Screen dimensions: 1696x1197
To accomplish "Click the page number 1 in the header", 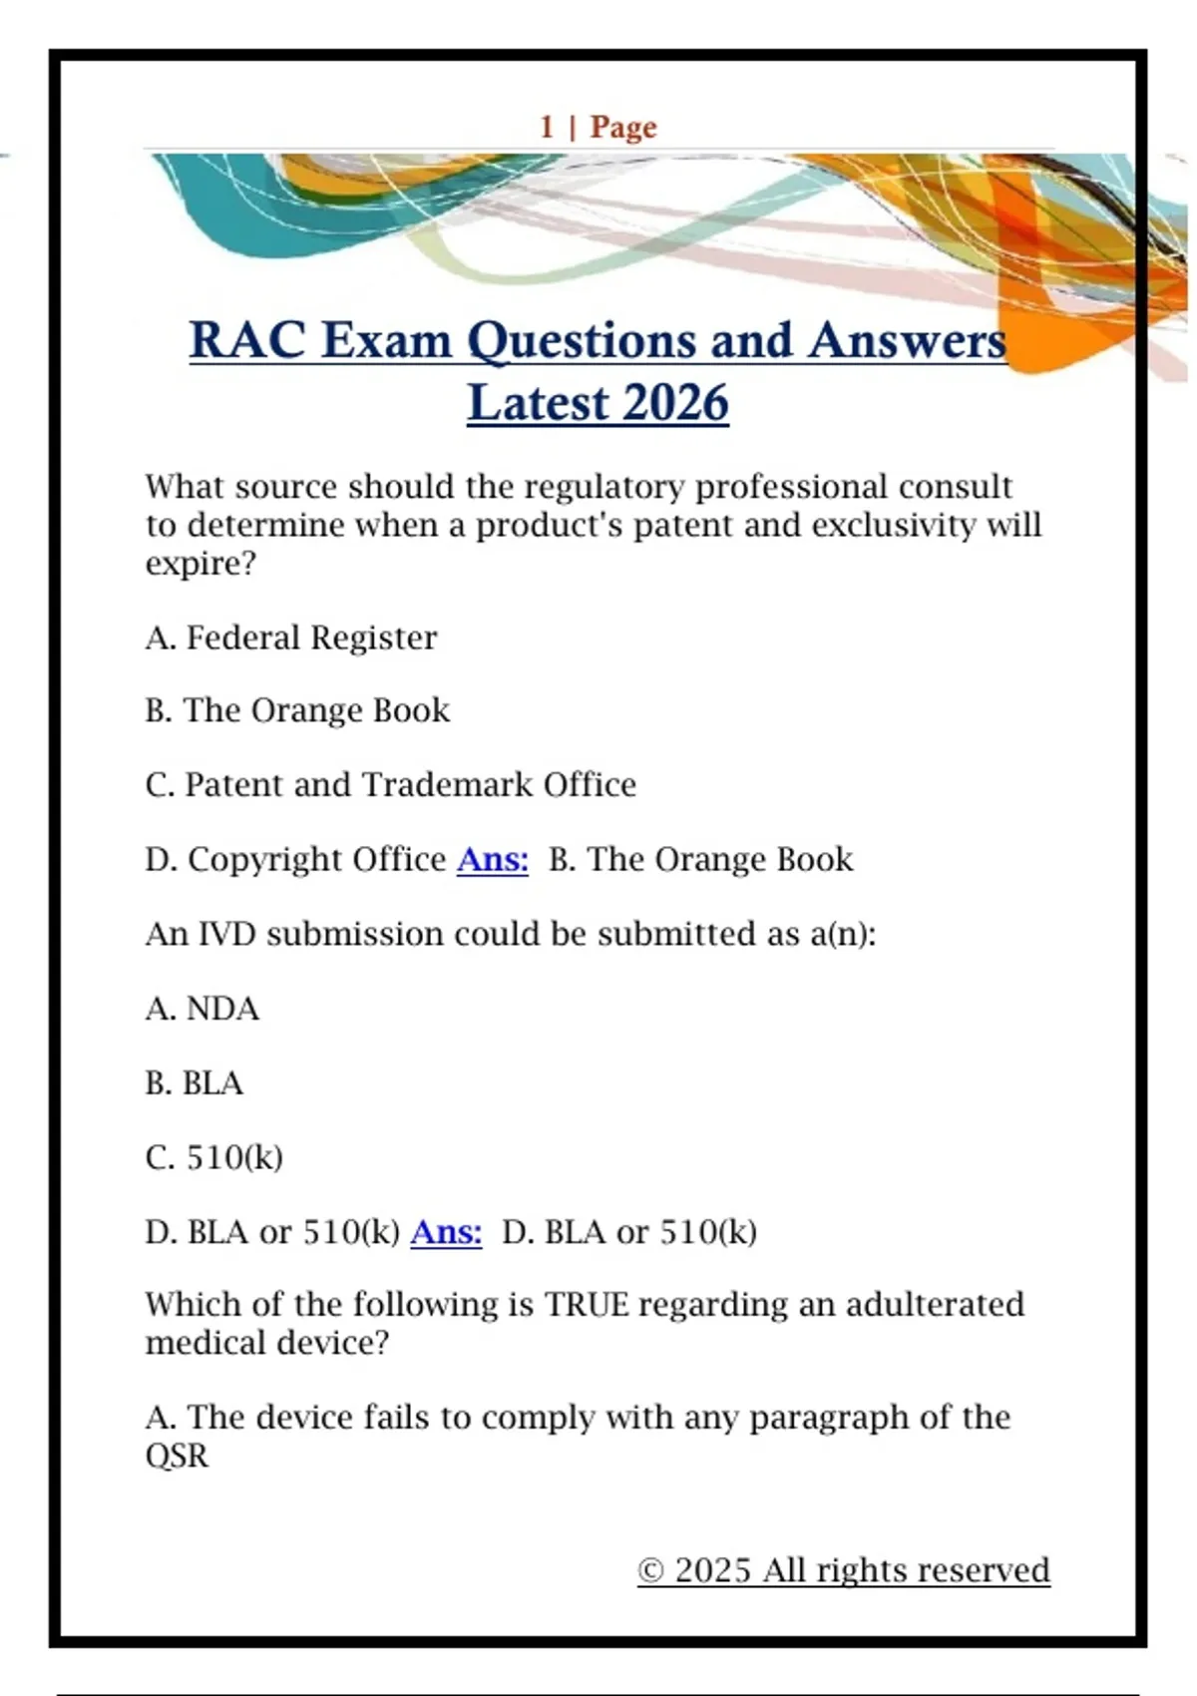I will click(x=547, y=128).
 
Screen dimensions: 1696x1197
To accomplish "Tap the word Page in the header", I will click(x=623, y=128).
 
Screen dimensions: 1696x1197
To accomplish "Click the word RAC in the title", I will click(x=247, y=340).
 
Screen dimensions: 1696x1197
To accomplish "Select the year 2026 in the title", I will click(x=676, y=403).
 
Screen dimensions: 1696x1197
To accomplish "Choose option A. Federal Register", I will click(x=291, y=637).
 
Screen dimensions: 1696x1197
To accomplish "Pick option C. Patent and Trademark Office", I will click(x=390, y=785).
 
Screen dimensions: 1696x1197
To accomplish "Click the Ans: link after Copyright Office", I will click(x=493, y=860).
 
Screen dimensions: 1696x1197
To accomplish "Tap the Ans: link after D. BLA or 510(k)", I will click(x=446, y=1232).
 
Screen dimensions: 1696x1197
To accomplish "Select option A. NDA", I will click(x=202, y=1009).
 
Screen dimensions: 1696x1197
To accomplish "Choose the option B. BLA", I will click(x=195, y=1083).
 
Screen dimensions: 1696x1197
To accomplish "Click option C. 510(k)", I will click(x=214, y=1158).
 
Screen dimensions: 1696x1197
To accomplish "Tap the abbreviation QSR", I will click(x=177, y=1456).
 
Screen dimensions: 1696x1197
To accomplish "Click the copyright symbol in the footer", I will click(x=650, y=1571).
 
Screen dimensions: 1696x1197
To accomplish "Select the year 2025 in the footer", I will click(x=712, y=1571).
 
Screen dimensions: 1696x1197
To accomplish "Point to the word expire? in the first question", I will click(x=200, y=564).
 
